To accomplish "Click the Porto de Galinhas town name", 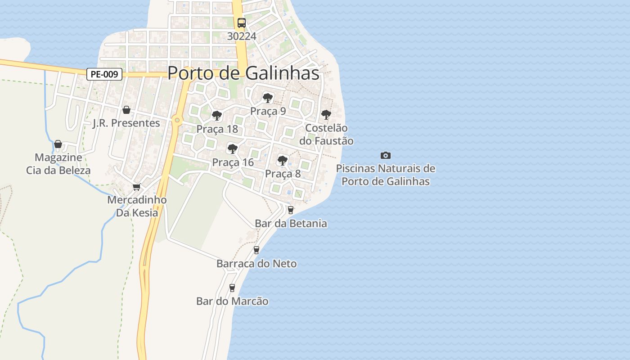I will tap(243, 73).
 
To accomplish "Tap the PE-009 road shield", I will tap(104, 74).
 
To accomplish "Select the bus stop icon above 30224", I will tap(242, 23).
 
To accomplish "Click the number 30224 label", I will tap(242, 36).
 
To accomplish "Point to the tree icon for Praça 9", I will tap(268, 98).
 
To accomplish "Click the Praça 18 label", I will tap(217, 129).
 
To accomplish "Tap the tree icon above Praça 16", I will tap(233, 148).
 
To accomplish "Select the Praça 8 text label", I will tap(283, 174).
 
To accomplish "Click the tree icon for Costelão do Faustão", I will tap(326, 115).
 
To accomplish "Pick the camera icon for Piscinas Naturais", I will tap(386, 156).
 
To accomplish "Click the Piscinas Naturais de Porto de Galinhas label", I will tap(386, 175).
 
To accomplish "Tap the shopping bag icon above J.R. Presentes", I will tap(126, 110).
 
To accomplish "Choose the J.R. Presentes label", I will tap(126, 123).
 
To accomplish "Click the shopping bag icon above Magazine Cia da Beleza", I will tap(58, 144).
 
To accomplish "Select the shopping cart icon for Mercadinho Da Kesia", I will tap(137, 187).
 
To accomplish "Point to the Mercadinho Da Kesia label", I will tap(137, 206).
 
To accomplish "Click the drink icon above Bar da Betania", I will tap(291, 210).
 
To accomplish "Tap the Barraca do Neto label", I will tap(256, 264).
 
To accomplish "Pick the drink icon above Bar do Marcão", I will tap(232, 288).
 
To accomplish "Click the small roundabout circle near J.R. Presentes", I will tap(177, 120).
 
